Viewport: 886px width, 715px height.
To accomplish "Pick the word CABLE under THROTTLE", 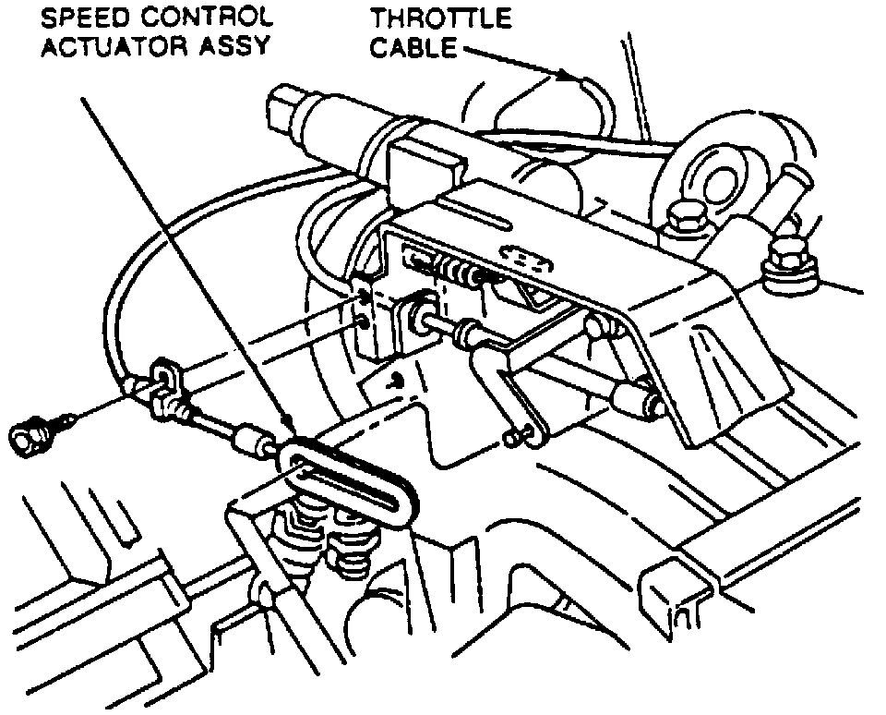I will [413, 46].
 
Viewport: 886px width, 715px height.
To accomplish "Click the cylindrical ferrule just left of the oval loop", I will [251, 441].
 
